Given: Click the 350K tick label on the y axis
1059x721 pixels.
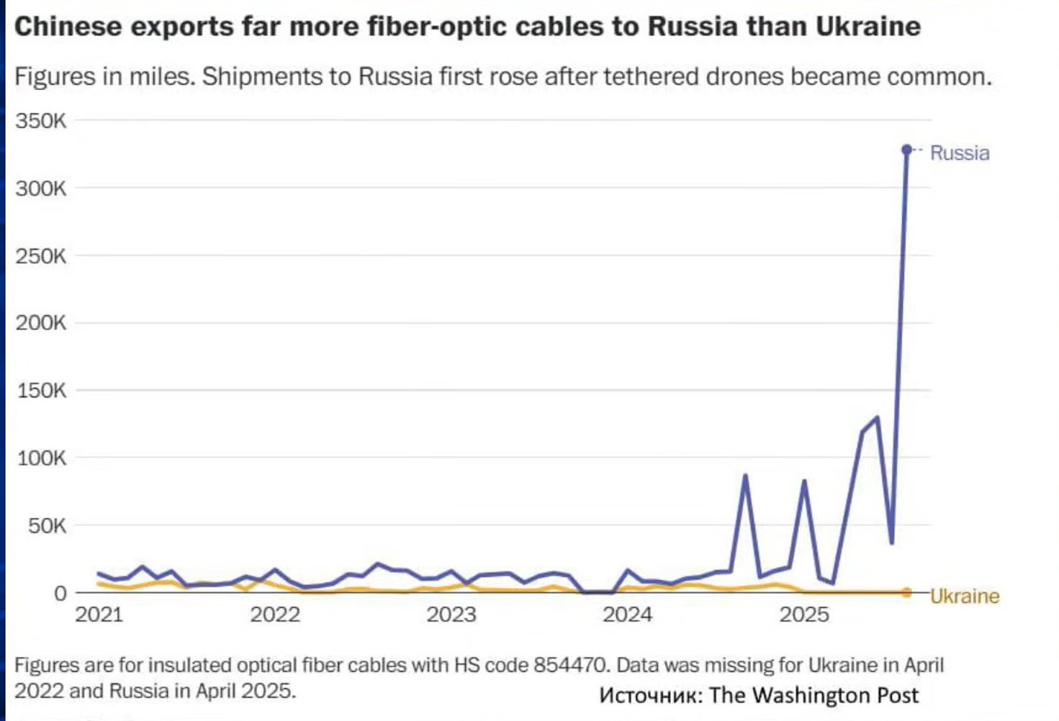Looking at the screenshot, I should click(x=40, y=121).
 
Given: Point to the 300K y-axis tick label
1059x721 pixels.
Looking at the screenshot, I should click(x=40, y=189).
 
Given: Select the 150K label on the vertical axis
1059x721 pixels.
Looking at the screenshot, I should click(x=40, y=391).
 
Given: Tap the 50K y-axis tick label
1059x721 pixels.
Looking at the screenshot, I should click(x=48, y=526).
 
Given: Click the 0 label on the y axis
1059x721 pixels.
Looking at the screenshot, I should click(x=60, y=594).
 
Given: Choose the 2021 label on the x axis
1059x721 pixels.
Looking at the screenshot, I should click(x=99, y=615).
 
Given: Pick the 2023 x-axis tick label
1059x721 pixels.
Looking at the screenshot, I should click(x=451, y=615).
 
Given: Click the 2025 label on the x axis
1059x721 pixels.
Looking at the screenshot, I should click(x=804, y=615).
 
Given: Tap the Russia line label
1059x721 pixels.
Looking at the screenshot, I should click(x=960, y=153).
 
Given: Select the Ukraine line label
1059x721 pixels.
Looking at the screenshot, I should click(x=965, y=597).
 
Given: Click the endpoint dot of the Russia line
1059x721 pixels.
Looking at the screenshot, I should click(x=907, y=150).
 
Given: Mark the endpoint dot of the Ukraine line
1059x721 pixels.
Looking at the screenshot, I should click(x=907, y=592).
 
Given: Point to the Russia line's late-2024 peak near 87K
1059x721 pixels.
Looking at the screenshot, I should click(x=745, y=476).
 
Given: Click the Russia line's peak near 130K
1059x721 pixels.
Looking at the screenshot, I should click(x=877, y=417).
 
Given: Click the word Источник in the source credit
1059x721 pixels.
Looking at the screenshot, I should click(x=650, y=695).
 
